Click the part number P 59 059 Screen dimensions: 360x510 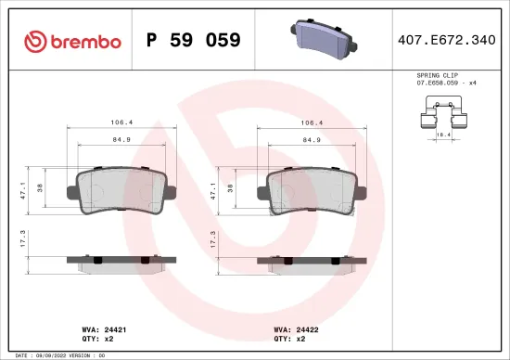[194, 40]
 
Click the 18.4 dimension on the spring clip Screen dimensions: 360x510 [443, 134]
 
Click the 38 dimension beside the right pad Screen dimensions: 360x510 [230, 186]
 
